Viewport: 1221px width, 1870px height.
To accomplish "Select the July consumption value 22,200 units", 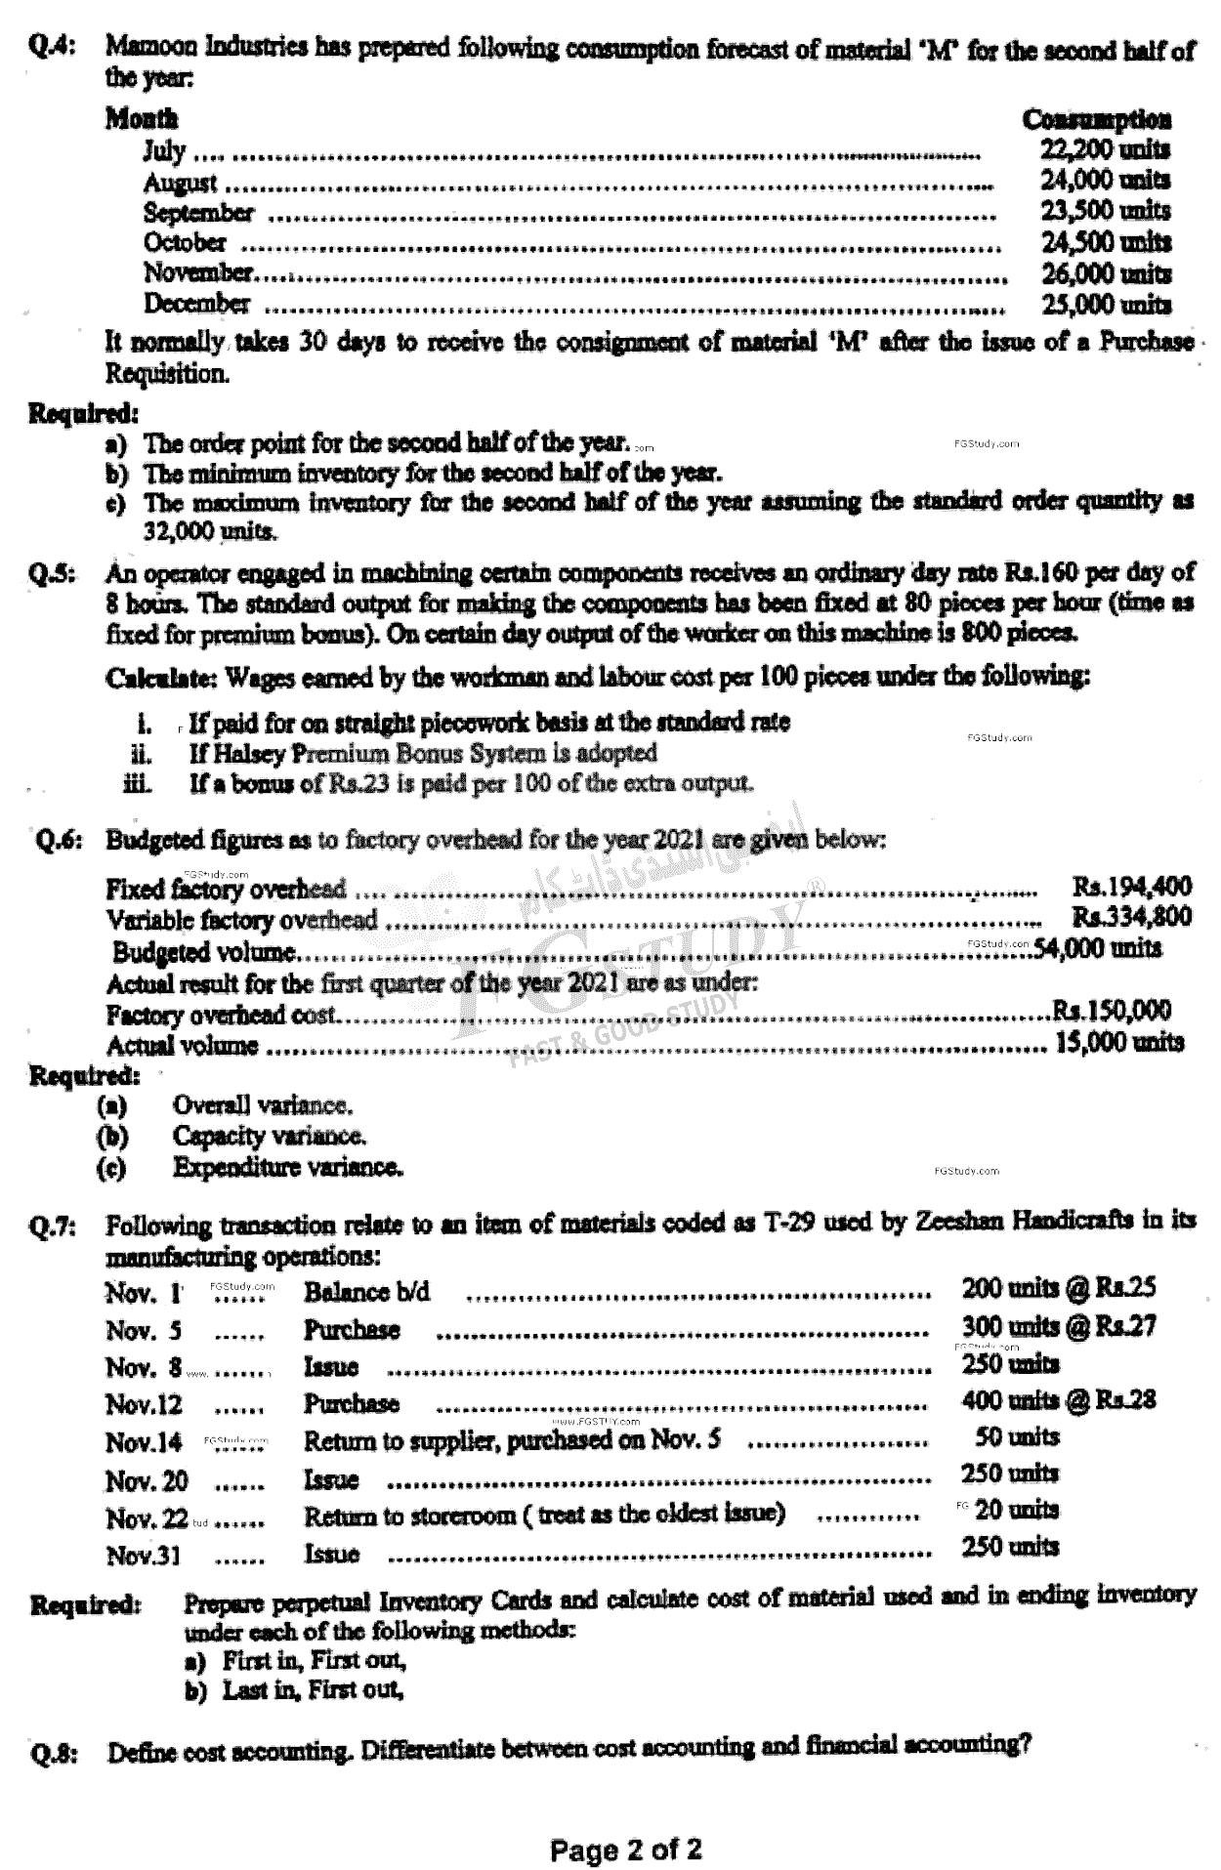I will tap(1105, 150).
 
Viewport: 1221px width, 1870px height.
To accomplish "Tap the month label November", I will tap(198, 272).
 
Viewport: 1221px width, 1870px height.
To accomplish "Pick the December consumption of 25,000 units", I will tap(1105, 304).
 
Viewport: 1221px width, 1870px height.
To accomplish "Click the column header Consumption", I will tap(1096, 119).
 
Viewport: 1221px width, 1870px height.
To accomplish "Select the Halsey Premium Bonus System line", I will tap(422, 753).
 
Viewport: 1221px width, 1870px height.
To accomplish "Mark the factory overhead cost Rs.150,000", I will tap(1111, 1010).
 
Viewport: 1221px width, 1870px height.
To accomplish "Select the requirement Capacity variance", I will tap(270, 1137).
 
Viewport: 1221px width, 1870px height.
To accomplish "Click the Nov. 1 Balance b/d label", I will tap(366, 1292).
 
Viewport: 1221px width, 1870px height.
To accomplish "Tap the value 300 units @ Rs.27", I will tap(1059, 1326).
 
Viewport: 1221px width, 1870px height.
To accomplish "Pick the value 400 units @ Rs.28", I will tap(1059, 1400).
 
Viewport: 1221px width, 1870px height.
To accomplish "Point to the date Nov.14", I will tap(144, 1442).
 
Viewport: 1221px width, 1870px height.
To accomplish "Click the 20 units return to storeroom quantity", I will tap(1017, 1510).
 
